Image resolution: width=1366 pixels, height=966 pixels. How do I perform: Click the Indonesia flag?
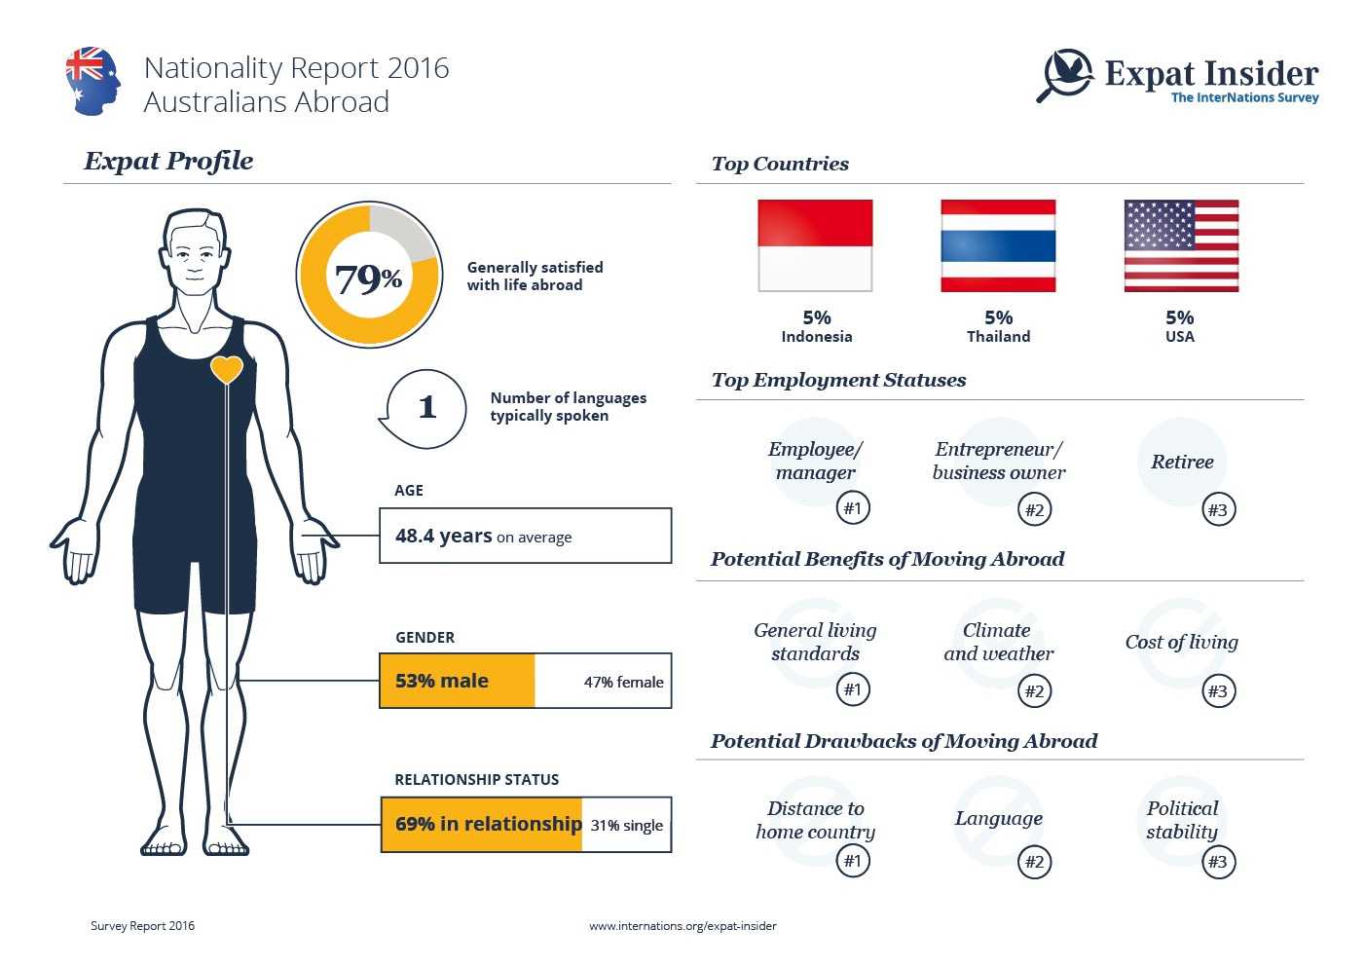click(815, 245)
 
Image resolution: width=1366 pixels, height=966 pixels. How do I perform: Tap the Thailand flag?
click(998, 245)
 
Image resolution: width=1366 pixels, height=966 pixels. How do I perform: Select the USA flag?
click(1181, 245)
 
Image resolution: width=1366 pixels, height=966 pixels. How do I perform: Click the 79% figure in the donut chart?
click(368, 279)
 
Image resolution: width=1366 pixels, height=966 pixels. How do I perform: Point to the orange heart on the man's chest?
click(227, 369)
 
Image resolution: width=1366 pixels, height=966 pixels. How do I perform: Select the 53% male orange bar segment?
click(457, 681)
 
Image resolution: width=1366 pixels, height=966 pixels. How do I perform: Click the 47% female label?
click(623, 682)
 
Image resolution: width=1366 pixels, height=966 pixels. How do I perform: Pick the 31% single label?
click(626, 825)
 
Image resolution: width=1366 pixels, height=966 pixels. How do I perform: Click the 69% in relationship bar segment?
click(482, 824)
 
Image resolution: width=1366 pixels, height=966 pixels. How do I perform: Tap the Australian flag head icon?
click(93, 80)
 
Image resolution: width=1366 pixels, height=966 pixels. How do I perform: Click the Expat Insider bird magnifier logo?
click(1065, 74)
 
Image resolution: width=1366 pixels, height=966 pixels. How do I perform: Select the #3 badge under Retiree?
click(1217, 509)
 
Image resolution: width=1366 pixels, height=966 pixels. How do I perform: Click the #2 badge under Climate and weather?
click(1034, 691)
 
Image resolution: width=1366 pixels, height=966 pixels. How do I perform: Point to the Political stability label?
click(1182, 820)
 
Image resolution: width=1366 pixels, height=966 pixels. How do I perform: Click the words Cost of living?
click(1181, 642)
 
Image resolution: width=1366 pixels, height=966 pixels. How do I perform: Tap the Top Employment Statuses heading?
click(838, 380)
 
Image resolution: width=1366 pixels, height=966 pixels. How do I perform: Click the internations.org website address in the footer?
click(683, 926)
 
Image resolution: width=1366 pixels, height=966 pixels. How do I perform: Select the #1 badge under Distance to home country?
click(853, 861)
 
